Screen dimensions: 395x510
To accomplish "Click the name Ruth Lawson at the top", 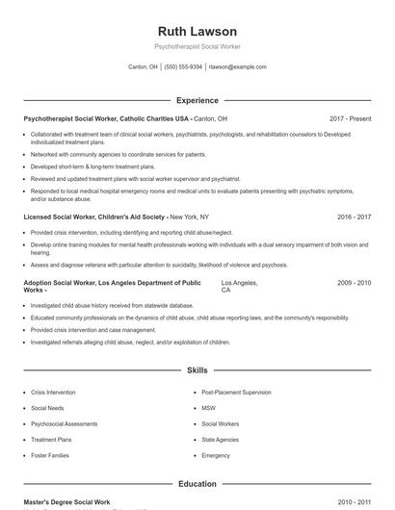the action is pyautogui.click(x=197, y=27).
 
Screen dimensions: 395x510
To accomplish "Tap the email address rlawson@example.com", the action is pyautogui.click(x=237, y=67).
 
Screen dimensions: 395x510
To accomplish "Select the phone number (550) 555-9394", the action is pyautogui.click(x=183, y=67).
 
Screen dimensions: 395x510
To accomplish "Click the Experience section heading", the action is pyautogui.click(x=197, y=100).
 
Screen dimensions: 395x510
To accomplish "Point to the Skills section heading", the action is pyautogui.click(x=197, y=370).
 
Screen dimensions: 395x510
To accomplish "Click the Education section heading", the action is pyautogui.click(x=197, y=484).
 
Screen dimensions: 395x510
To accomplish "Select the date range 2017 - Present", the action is pyautogui.click(x=350, y=118).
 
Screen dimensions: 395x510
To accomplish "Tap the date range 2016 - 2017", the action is pyautogui.click(x=354, y=217).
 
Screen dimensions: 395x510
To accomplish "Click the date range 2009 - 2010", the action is pyautogui.click(x=354, y=283).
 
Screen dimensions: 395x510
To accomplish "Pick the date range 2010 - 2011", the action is pyautogui.click(x=354, y=502).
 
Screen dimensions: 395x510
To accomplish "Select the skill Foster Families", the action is pyautogui.click(x=51, y=455).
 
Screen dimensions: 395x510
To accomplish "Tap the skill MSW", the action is pyautogui.click(x=208, y=408).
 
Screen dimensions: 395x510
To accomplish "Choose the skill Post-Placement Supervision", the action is pyautogui.click(x=236, y=393).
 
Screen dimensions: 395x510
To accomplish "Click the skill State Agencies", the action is pyautogui.click(x=220, y=440).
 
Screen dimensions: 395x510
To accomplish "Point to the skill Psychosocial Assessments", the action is pyautogui.click(x=64, y=423).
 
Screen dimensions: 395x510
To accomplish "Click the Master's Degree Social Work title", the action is pyautogui.click(x=67, y=502).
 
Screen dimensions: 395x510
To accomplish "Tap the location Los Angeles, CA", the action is pyautogui.click(x=239, y=287).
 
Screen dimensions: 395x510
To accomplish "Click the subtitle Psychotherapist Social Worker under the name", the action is pyautogui.click(x=197, y=46).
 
